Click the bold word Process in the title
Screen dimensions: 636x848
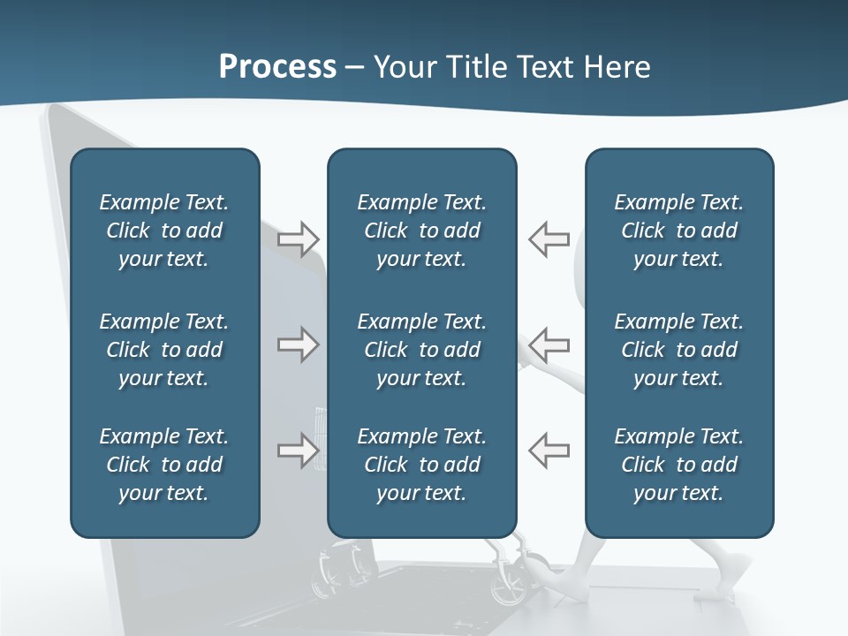(277, 67)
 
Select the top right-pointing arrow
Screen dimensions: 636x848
(299, 238)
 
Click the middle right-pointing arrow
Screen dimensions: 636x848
(299, 344)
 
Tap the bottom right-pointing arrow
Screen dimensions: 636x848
(299, 450)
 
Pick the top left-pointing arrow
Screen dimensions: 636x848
(549, 238)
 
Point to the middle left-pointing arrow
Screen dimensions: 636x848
(549, 344)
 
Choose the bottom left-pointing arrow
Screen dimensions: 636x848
(549, 450)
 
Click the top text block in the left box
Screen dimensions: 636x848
(164, 231)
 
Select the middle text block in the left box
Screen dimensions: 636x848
(164, 350)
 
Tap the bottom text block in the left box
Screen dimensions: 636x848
(164, 465)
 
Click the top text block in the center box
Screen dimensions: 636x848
(421, 231)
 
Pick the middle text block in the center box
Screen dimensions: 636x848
(421, 350)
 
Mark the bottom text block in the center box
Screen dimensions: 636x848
(421, 465)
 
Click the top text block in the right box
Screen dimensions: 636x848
(678, 231)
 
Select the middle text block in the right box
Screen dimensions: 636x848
(678, 350)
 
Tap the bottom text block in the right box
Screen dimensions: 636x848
(678, 465)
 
